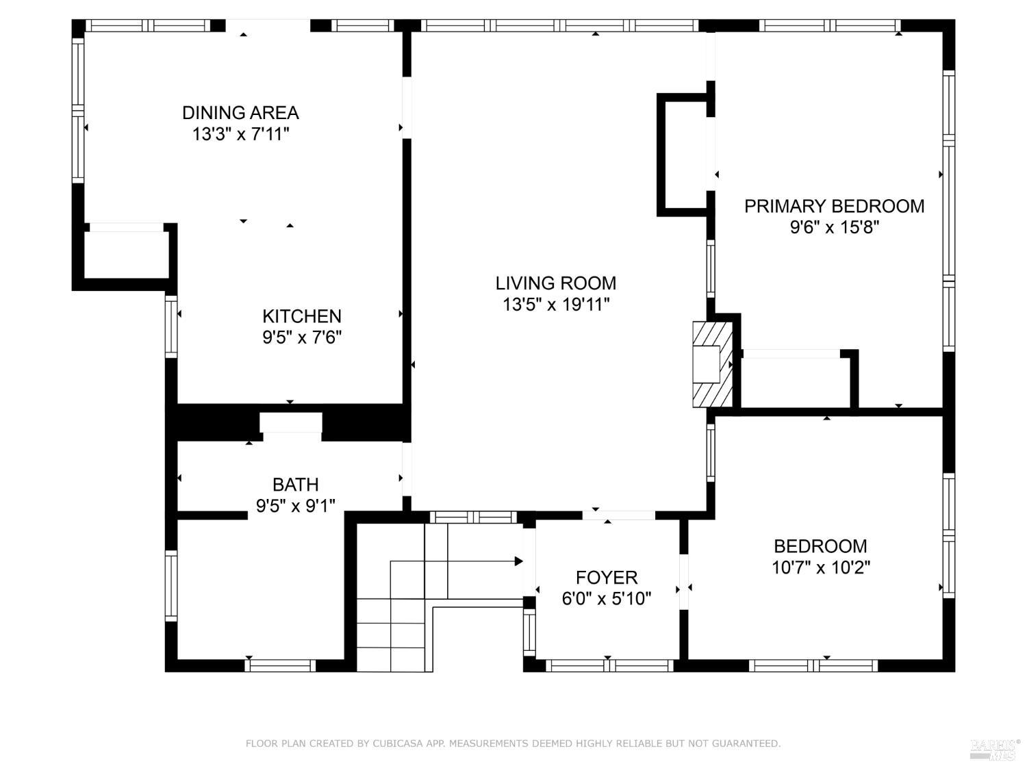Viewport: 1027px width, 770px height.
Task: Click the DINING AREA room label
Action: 240,112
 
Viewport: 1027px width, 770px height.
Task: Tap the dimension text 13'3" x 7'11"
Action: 240,133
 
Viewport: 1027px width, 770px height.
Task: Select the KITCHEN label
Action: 302,316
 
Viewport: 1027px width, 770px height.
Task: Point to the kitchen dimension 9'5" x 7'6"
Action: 302,337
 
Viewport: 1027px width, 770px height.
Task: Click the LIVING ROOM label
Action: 555,283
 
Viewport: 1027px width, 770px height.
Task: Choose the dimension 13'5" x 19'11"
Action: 555,305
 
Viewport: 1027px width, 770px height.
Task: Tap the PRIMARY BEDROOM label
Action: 834,206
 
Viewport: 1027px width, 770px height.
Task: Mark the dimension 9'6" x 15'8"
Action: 834,227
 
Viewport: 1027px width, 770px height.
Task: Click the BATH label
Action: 295,485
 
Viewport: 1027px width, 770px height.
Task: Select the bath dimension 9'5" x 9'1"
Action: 295,506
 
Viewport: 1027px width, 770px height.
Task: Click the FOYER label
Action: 606,578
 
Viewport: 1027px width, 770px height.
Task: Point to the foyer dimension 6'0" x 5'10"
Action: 606,599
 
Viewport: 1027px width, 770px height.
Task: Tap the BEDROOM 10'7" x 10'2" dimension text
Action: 820,567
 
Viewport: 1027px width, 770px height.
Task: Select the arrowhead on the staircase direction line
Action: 518,561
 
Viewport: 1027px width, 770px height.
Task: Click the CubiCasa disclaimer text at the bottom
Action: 513,743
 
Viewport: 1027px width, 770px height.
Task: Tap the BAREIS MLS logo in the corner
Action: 995,749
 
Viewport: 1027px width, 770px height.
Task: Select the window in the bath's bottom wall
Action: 280,665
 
